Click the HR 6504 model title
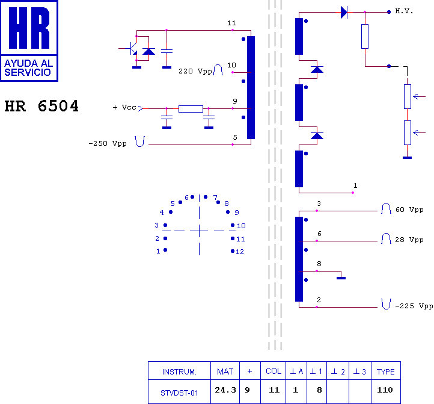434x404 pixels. click(41, 106)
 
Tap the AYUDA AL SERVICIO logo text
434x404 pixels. click(28, 67)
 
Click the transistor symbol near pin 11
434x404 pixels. click(133, 49)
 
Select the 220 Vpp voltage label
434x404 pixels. click(195, 71)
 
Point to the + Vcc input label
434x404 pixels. click(124, 107)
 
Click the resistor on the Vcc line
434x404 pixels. click(191, 109)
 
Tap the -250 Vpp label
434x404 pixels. click(108, 143)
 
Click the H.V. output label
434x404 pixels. click(404, 11)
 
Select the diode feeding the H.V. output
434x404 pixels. click(344, 12)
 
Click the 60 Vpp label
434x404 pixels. click(409, 210)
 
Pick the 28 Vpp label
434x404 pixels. click(409, 240)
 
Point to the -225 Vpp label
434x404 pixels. click(414, 306)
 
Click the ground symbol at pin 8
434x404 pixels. click(341, 278)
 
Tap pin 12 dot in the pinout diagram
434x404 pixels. click(233, 251)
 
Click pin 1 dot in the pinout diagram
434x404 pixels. click(165, 250)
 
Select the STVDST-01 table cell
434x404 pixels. click(179, 393)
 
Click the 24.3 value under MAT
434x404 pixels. click(225, 390)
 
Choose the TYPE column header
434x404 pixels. click(385, 371)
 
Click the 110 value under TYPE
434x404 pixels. click(385, 390)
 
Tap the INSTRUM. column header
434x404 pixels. click(179, 371)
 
